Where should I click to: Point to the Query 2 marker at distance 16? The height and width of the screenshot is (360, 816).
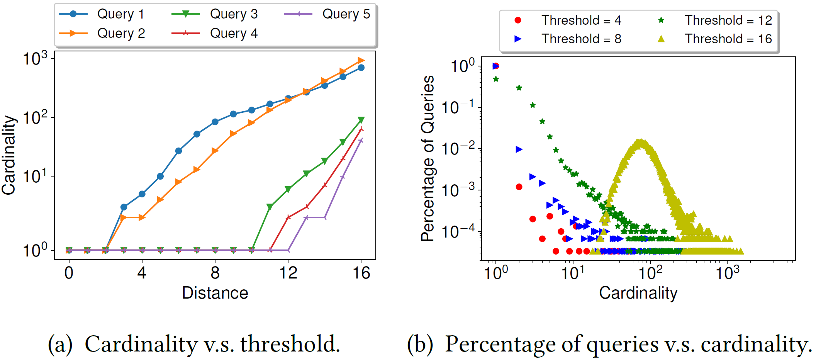point(361,60)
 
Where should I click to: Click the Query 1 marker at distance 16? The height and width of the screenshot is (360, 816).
point(361,68)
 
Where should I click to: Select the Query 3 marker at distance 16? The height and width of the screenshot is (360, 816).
point(361,120)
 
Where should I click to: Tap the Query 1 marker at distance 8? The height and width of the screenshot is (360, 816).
point(215,122)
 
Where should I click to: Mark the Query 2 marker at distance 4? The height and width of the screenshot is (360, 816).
point(142,217)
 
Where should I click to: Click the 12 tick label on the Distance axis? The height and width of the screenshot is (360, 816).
point(288,273)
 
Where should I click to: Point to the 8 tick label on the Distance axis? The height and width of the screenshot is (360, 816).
point(215,273)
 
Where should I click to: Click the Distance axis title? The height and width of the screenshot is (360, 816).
point(215,293)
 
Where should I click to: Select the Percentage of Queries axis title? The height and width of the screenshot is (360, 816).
point(428,158)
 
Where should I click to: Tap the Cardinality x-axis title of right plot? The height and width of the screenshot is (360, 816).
point(638,293)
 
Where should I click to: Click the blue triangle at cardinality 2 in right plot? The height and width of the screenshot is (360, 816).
point(519,149)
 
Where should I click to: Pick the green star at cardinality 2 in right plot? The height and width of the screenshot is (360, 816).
point(519,88)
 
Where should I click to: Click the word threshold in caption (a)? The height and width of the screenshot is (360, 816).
point(290,344)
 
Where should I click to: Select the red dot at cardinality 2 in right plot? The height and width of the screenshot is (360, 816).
point(519,187)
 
